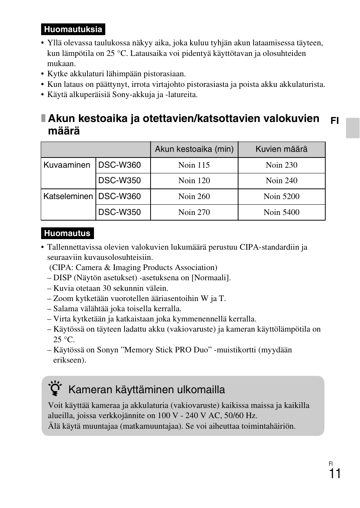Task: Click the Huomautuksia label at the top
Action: tap(73, 29)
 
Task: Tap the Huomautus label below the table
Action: tap(67, 233)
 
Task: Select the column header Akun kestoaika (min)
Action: tap(194, 149)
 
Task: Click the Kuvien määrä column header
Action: tap(282, 149)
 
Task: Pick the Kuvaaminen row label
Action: tap(67, 165)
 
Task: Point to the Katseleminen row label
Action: tap(68, 196)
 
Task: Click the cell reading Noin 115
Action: tap(194, 165)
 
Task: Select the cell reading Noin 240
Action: tap(282, 181)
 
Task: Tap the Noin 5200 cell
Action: tap(282, 196)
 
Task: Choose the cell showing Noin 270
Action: tap(194, 212)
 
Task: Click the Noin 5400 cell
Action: tap(282, 212)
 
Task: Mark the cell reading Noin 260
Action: tap(194, 196)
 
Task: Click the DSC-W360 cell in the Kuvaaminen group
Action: tap(120, 165)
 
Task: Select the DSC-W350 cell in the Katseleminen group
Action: tap(120, 212)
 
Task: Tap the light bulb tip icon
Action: tap(55, 389)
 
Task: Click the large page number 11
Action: tap(334, 474)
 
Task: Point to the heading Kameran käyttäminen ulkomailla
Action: tap(146, 389)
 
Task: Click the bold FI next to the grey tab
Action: tap(335, 120)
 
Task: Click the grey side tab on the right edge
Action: tap(353, 128)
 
